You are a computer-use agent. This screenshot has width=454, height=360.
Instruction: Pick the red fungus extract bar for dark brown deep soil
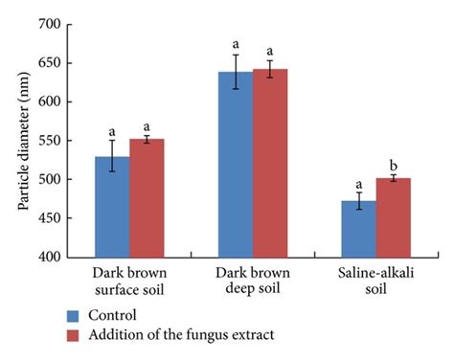tap(270, 163)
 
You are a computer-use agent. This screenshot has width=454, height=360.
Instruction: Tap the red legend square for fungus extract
tap(74, 334)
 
